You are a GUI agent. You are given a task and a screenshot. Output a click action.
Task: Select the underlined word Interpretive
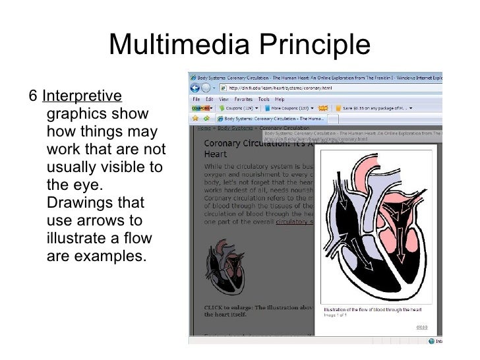click(82, 96)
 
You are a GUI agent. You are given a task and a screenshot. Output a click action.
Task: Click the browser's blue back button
click(196, 88)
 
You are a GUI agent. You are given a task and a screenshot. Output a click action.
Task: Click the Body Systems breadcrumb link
click(232, 127)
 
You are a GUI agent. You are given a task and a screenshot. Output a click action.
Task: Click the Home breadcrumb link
click(204, 127)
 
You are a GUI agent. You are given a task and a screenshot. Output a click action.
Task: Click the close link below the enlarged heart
click(421, 327)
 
